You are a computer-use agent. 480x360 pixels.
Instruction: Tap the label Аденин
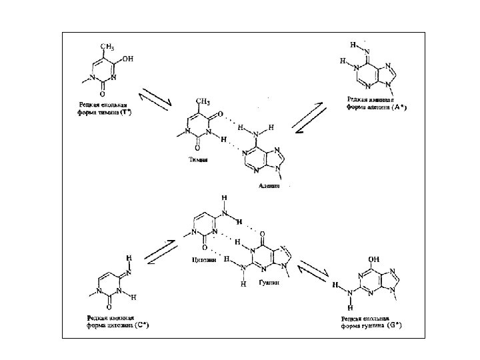tap(268, 187)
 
